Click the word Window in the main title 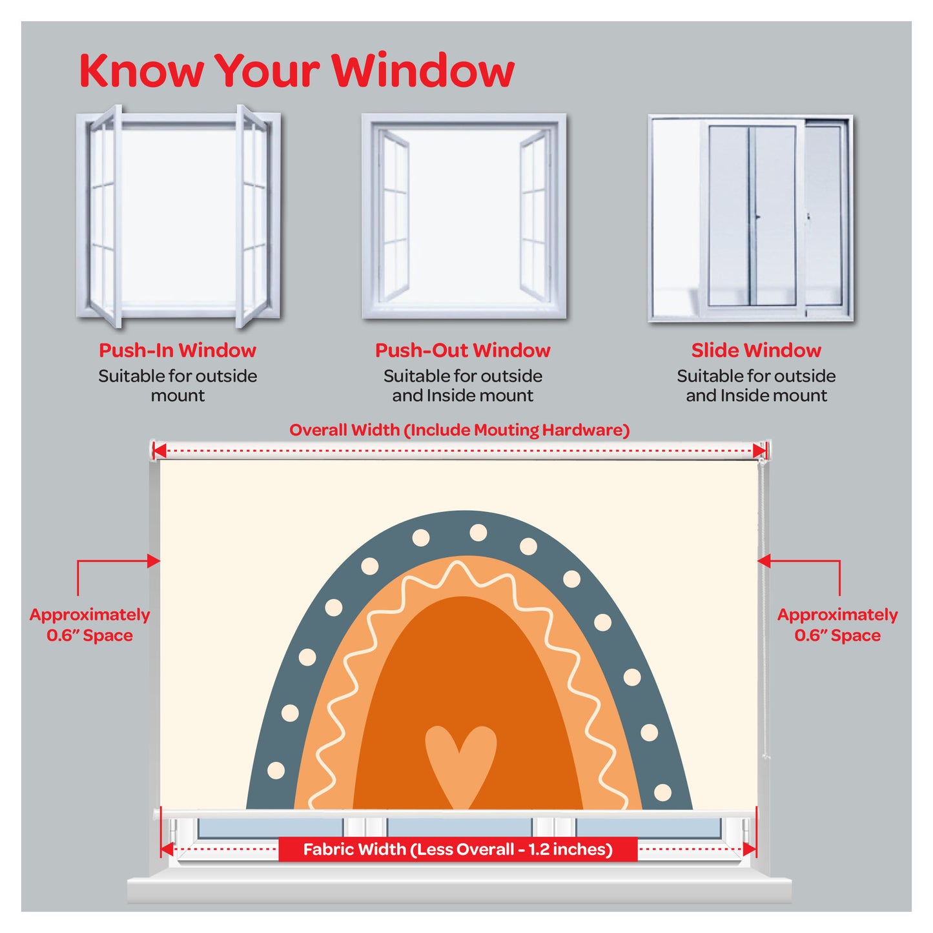(423, 70)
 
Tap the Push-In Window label (178, 350)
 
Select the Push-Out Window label (463, 350)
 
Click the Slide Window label (756, 350)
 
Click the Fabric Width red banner (458, 849)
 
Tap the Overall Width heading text (460, 430)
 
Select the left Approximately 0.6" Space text (90, 624)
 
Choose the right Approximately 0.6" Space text (837, 624)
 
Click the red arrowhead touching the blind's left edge (154, 561)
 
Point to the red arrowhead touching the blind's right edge (764, 561)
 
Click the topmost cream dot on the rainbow (478, 533)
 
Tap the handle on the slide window (757, 218)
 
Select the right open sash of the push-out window (535, 216)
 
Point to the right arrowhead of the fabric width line (749, 849)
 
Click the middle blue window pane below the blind (460, 828)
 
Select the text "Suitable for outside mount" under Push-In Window (178, 385)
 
